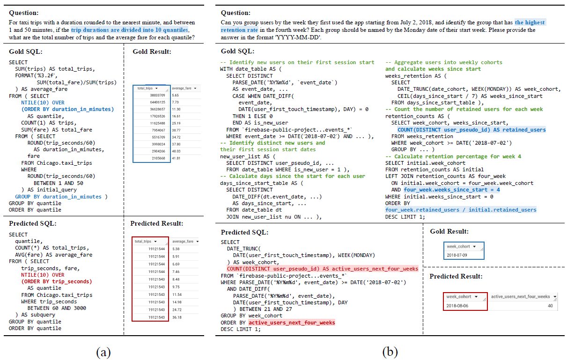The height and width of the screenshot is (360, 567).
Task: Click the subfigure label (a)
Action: (x=103, y=352)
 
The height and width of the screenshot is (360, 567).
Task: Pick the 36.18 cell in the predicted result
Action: (x=177, y=317)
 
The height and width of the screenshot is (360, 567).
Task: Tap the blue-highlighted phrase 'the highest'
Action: (x=530, y=22)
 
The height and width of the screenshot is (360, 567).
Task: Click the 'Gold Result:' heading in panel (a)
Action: (x=148, y=51)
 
